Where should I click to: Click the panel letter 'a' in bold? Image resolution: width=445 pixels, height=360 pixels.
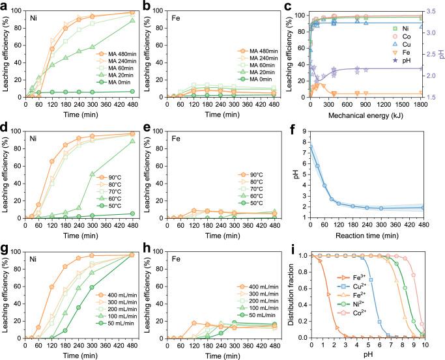coord(5,5)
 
